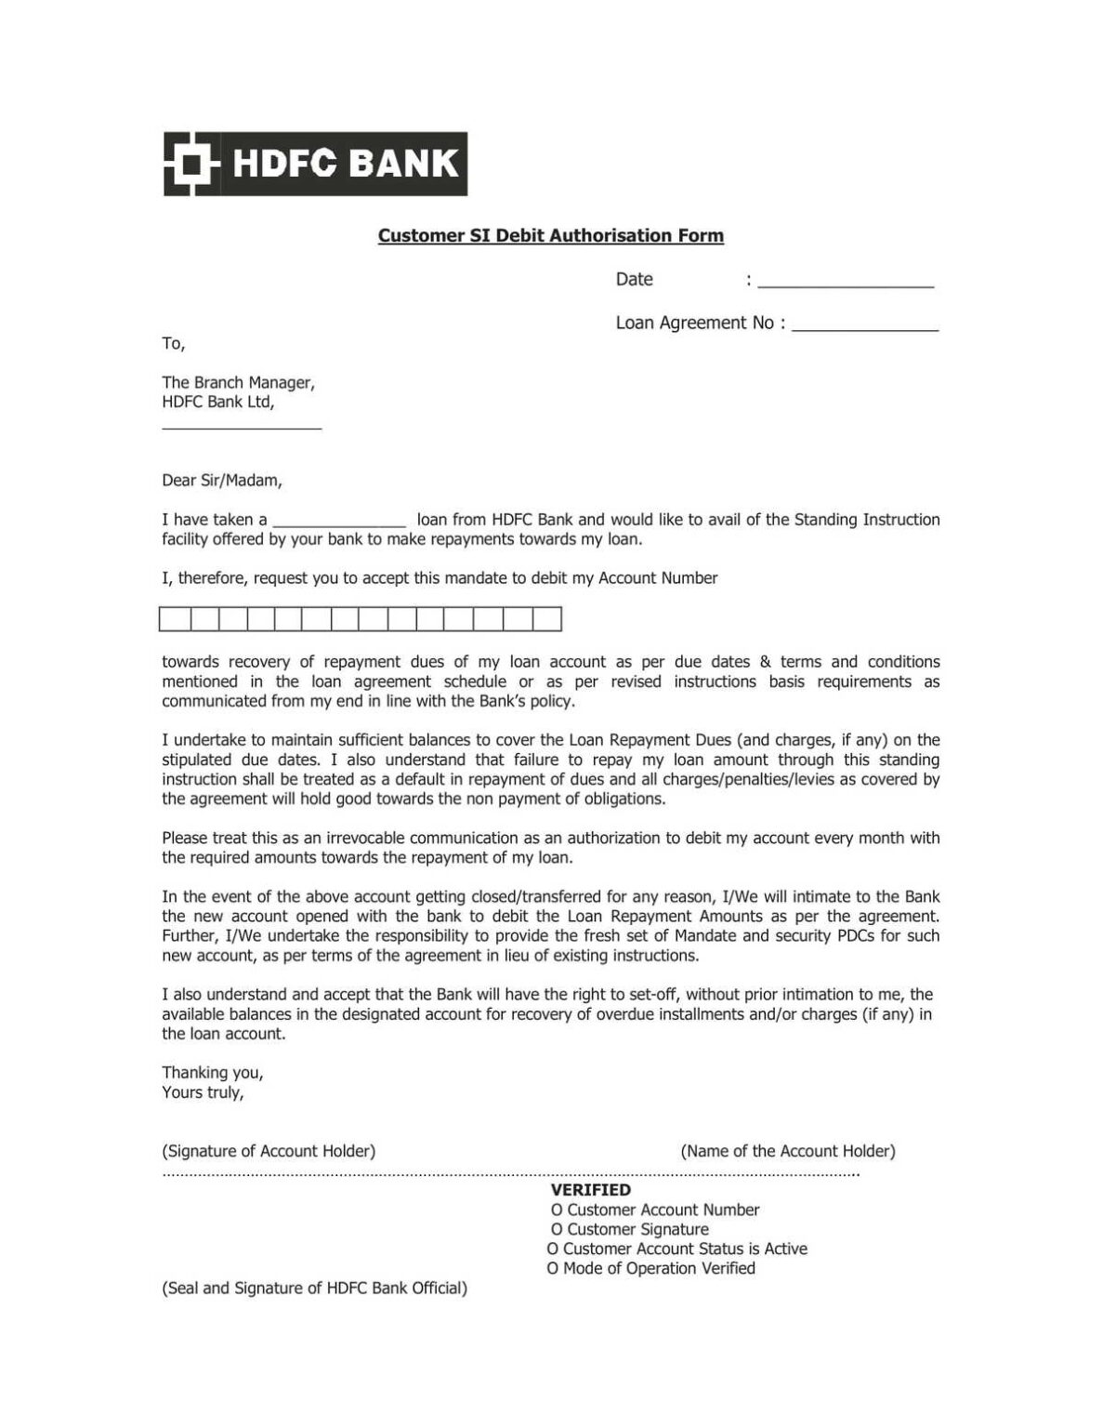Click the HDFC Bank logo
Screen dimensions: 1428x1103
point(315,164)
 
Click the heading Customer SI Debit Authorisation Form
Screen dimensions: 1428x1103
point(550,236)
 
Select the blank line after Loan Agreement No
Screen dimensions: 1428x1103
point(864,325)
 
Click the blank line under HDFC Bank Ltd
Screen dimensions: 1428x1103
point(242,424)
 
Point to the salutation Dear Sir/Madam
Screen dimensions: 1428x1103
point(222,481)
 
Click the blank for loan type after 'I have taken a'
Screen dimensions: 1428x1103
point(339,522)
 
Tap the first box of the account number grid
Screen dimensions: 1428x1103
point(175,619)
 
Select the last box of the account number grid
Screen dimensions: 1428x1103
point(547,619)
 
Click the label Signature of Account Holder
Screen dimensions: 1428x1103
point(269,1151)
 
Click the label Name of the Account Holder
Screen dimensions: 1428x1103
point(788,1151)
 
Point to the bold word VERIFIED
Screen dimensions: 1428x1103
point(590,1190)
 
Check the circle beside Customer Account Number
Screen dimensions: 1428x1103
point(557,1210)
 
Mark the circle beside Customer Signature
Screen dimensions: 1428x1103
point(557,1230)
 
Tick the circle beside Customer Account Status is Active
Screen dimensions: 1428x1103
point(553,1249)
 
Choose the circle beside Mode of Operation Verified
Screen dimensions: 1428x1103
point(553,1269)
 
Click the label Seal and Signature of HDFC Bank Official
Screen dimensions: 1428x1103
point(314,1289)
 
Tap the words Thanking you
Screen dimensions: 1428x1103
point(213,1073)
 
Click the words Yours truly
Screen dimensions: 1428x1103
point(203,1092)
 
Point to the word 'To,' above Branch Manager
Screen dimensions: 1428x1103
point(174,344)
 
